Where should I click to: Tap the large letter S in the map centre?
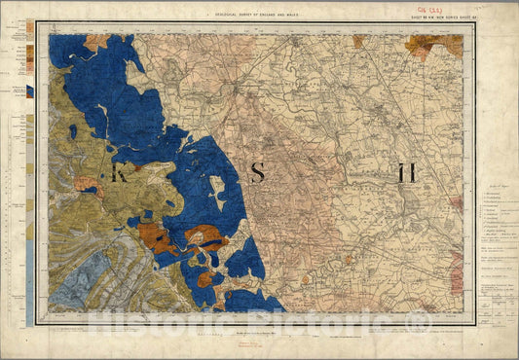257,173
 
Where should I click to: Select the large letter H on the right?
406,174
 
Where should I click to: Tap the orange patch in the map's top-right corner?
435,45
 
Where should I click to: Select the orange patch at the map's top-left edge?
95,42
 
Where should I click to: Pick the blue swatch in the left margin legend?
29,91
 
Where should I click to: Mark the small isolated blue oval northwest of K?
72,130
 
